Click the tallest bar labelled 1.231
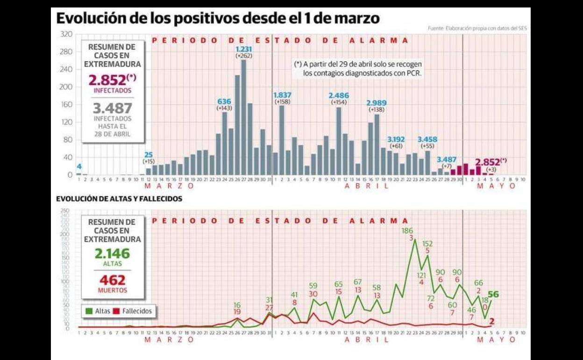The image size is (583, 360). pyautogui.click(x=243, y=117)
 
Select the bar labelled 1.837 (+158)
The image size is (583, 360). pyautogui.click(x=282, y=140)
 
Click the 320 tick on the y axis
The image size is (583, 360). pyautogui.click(x=66, y=34)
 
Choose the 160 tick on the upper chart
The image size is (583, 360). pyautogui.click(x=66, y=104)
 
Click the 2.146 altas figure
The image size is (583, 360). pyautogui.click(x=112, y=254)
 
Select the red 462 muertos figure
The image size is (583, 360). pyautogui.click(x=112, y=280)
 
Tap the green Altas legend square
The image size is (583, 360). pyautogui.click(x=89, y=311)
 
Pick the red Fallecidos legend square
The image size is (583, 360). pyautogui.click(x=117, y=311)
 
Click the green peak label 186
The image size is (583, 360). pyautogui.click(x=407, y=230)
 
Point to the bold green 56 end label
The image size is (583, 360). pyautogui.click(x=493, y=295)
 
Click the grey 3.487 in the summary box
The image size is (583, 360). pyautogui.click(x=112, y=108)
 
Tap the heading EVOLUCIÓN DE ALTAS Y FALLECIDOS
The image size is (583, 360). pyautogui.click(x=119, y=199)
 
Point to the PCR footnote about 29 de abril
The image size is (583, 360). pyautogui.click(x=358, y=69)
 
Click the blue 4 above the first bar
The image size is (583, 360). pyautogui.click(x=79, y=166)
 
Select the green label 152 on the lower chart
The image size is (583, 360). pyautogui.click(x=427, y=244)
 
